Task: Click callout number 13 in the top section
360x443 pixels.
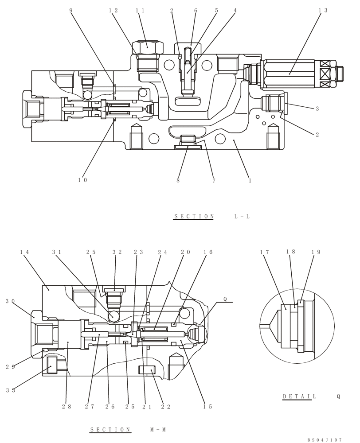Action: pyautogui.click(x=323, y=10)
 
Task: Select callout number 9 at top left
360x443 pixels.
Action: pyautogui.click(x=71, y=10)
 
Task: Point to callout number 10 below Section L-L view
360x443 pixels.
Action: pyautogui.click(x=82, y=180)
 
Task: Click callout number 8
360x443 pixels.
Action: pyautogui.click(x=178, y=180)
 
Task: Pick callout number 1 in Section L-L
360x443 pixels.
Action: pyautogui.click(x=250, y=180)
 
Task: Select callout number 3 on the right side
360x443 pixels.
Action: pyautogui.click(x=317, y=109)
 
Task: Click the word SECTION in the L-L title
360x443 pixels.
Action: pyautogui.click(x=194, y=217)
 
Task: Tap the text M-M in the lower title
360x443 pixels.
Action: pyautogui.click(x=158, y=430)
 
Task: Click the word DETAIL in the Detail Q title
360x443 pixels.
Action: pyautogui.click(x=299, y=396)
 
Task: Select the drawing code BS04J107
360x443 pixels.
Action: pyautogui.click(x=325, y=440)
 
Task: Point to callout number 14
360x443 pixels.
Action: pyautogui.click(x=24, y=252)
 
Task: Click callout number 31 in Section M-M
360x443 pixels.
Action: pyautogui.click(x=56, y=252)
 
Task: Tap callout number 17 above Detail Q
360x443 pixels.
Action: pyautogui.click(x=265, y=252)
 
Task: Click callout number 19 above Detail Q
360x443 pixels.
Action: pyautogui.click(x=316, y=252)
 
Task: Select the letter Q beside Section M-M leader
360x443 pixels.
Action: pyautogui.click(x=225, y=299)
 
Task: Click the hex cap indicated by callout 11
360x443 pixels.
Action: pyautogui.click(x=147, y=45)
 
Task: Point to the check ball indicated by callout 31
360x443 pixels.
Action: pyautogui.click(x=113, y=315)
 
